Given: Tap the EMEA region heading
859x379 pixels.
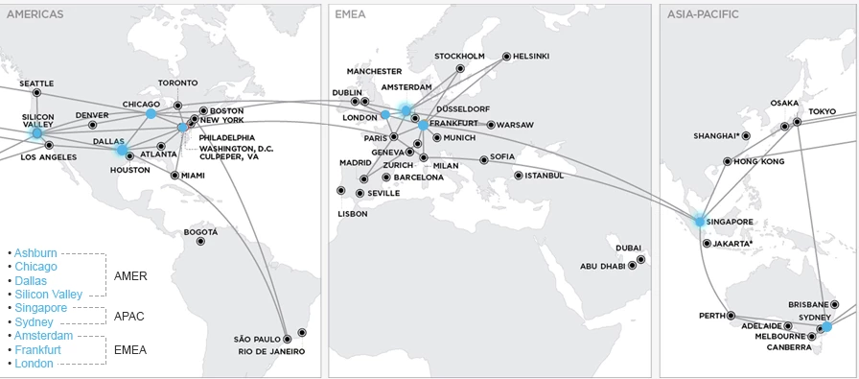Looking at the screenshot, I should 349,13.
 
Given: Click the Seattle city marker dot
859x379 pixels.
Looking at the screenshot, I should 36,93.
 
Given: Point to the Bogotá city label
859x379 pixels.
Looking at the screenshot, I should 201,232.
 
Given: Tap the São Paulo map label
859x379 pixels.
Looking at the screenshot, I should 256,339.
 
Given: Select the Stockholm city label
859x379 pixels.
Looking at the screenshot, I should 459,56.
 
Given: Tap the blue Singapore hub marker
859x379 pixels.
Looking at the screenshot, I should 700,222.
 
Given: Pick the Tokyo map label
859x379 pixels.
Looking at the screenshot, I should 822,111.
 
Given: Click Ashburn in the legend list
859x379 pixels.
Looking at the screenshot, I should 35,252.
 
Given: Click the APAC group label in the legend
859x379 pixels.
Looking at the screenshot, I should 129,315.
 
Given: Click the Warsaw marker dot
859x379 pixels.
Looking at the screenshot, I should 490,125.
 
